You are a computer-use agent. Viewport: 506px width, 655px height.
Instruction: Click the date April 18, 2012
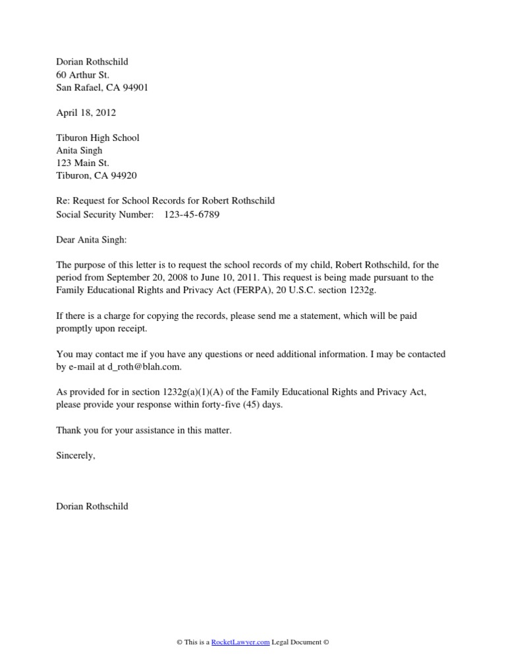click(x=86, y=113)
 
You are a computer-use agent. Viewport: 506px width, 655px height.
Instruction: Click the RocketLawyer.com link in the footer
click(x=235, y=643)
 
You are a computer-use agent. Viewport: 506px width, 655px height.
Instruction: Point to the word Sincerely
click(x=76, y=455)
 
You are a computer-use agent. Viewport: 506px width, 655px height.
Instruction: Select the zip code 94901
click(x=134, y=88)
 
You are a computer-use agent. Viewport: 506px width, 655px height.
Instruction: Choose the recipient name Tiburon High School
click(x=98, y=138)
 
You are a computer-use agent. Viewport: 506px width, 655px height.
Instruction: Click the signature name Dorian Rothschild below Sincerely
click(x=92, y=506)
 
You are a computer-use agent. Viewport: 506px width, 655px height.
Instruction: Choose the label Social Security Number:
click(x=105, y=214)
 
